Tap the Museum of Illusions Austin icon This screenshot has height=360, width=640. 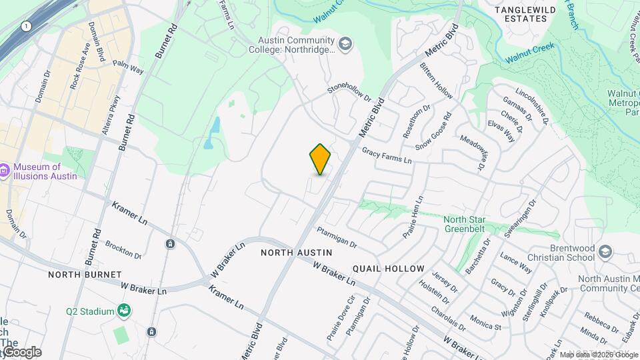click(5, 171)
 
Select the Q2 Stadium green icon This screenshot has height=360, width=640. click(123, 311)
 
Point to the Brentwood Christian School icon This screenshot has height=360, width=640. click(605, 252)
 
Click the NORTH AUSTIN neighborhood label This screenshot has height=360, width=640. click(296, 253)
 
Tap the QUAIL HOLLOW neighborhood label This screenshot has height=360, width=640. click(388, 269)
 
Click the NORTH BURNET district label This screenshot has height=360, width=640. click(85, 275)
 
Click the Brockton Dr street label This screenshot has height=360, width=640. click(123, 251)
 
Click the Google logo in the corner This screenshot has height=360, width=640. click(21, 352)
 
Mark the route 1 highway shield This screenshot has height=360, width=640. click(25, 25)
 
